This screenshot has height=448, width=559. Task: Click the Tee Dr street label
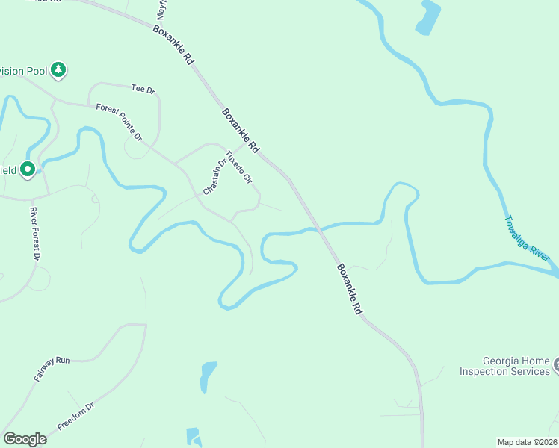click(143, 90)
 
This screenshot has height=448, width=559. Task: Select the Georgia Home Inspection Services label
click(504, 366)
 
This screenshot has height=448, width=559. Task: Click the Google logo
click(25, 438)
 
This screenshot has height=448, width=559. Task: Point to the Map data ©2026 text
click(528, 441)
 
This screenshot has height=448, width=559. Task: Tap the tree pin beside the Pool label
click(58, 71)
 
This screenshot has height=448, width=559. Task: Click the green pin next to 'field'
click(28, 170)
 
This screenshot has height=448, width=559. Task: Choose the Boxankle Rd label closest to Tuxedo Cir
click(240, 131)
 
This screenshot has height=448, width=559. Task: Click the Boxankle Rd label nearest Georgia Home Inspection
click(349, 287)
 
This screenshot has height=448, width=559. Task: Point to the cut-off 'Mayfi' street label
click(160, 10)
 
